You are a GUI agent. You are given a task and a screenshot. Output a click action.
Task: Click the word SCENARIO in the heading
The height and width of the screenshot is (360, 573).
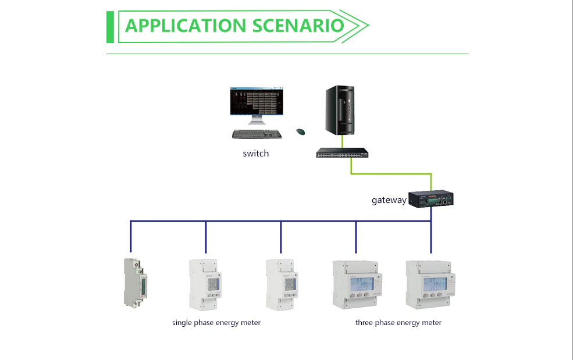click(x=298, y=26)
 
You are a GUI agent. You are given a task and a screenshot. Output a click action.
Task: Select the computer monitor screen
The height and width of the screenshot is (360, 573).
click(x=257, y=102)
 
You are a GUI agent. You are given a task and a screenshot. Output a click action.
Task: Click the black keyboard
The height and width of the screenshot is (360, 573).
click(x=257, y=134)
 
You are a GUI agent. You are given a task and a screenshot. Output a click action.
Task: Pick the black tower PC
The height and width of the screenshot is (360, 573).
click(x=339, y=110)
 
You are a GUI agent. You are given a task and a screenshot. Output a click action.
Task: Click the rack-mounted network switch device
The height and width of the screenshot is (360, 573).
click(x=342, y=153)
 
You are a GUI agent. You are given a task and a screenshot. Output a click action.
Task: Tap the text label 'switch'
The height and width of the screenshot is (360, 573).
click(x=256, y=154)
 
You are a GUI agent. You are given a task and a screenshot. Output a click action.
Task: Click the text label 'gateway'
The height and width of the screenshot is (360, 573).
click(x=389, y=201)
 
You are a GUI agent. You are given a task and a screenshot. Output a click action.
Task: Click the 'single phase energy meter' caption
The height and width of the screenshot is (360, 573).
click(x=216, y=323)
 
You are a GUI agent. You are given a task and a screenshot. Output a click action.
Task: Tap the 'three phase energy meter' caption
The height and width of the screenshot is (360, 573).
click(x=398, y=323)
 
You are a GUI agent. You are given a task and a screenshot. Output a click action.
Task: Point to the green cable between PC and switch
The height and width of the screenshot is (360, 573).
click(x=342, y=141)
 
